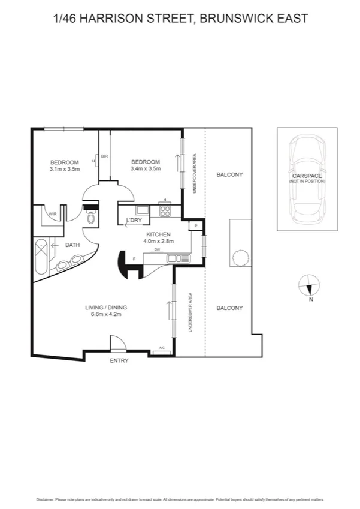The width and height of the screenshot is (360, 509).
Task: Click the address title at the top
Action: click(180, 19)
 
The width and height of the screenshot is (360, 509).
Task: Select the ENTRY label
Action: click(119, 360)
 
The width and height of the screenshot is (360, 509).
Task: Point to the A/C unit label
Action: click(162, 348)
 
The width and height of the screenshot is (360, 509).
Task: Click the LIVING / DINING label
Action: click(106, 308)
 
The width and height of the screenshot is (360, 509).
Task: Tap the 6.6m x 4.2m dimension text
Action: click(106, 315)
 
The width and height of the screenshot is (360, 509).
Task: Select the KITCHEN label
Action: click(158, 234)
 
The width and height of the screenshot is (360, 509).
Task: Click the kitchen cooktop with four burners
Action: click(165, 211)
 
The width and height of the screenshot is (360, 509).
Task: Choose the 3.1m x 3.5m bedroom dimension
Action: click(65, 169)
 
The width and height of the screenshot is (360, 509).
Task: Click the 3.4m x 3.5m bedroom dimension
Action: click(146, 169)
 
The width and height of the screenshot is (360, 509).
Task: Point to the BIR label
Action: click(104, 156)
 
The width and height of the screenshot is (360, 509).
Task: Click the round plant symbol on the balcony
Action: click(240, 257)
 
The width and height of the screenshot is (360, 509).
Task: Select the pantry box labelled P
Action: click(196, 225)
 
